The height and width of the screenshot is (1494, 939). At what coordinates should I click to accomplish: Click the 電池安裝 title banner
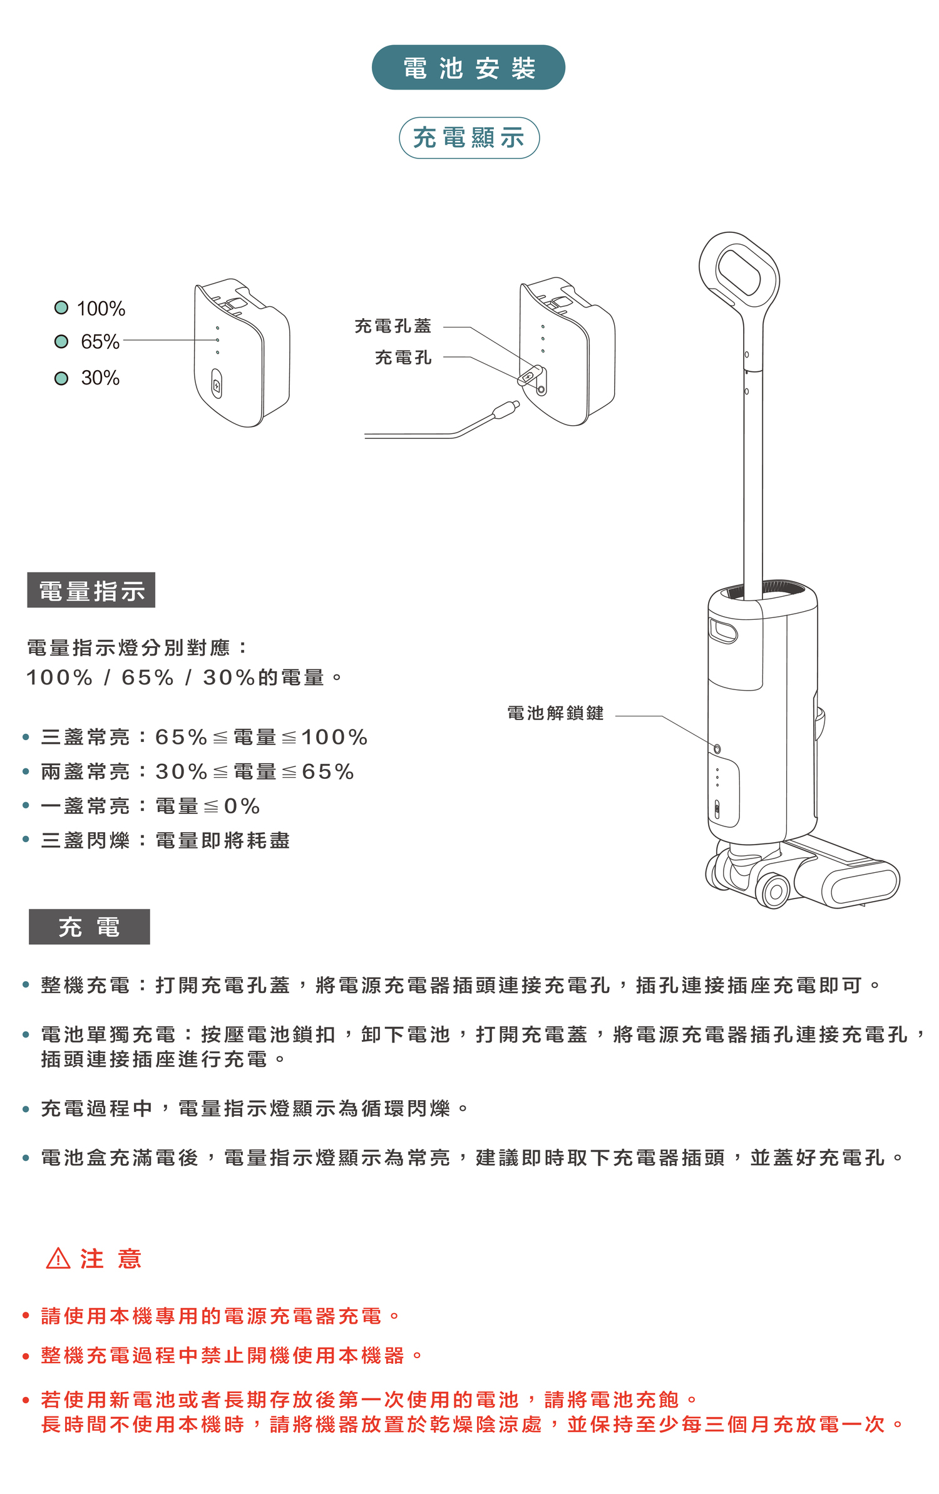[x=468, y=68]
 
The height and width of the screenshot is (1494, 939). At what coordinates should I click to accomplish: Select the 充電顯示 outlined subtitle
[x=469, y=138]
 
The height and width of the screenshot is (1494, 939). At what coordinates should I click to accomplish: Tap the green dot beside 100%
[x=61, y=307]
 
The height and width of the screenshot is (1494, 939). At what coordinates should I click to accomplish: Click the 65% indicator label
[x=100, y=342]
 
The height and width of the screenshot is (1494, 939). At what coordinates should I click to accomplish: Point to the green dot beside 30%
[x=61, y=378]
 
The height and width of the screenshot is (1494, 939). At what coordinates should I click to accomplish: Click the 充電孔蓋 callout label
[x=393, y=326]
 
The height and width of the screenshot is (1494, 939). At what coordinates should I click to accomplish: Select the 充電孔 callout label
[x=403, y=358]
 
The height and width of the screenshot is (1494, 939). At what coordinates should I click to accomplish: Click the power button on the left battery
[x=217, y=384]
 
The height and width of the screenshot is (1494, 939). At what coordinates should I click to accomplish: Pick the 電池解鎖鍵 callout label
[x=555, y=713]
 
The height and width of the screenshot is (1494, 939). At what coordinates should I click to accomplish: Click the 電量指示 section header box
[x=91, y=590]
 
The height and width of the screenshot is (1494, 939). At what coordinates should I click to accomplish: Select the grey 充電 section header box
[x=90, y=927]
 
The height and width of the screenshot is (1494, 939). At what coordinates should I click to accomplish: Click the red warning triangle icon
[x=58, y=1259]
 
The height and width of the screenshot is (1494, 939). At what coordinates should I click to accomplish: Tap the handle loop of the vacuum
[x=739, y=272]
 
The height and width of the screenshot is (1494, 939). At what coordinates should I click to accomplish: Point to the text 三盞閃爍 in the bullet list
[x=85, y=840]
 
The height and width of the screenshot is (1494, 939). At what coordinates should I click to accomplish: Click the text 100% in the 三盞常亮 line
[x=334, y=737]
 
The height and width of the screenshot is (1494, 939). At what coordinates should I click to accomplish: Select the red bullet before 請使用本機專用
[x=26, y=1316]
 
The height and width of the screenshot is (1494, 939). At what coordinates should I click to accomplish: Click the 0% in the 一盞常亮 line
[x=242, y=806]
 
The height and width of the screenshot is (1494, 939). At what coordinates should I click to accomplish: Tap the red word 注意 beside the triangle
[x=111, y=1259]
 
